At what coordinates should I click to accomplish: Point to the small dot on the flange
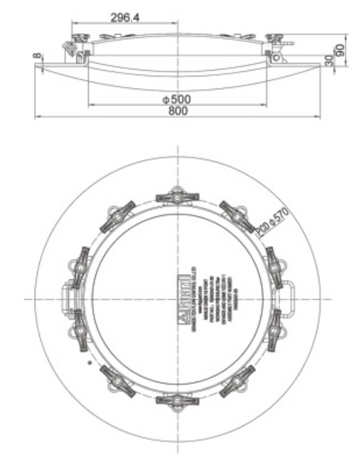click(x=89, y=363)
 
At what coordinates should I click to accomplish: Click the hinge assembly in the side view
click(x=72, y=47)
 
